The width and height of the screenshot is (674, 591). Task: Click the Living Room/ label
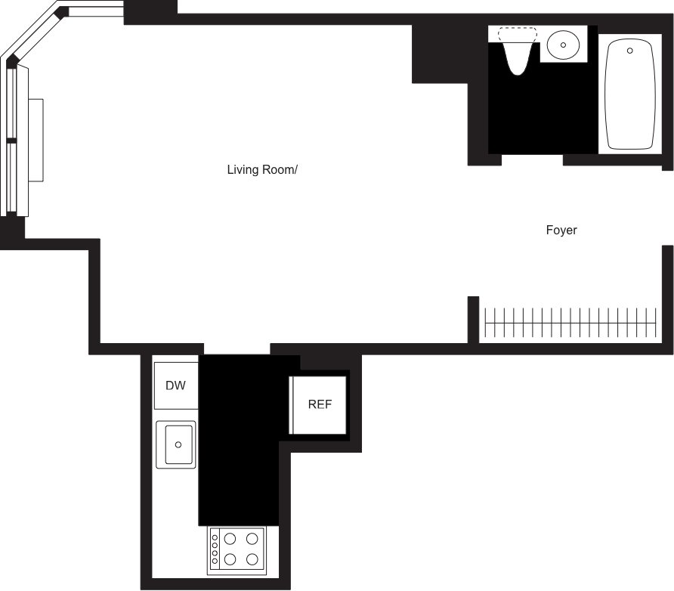263,170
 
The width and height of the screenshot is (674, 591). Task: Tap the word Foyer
561,231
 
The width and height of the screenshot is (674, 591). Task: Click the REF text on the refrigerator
320,404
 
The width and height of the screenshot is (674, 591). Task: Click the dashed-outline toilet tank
518,35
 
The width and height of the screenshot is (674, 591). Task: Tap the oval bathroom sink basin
562,45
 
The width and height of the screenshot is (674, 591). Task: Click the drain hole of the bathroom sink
563,45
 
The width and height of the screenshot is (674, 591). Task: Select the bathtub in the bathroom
629,93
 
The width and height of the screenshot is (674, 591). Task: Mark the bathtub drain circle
629,51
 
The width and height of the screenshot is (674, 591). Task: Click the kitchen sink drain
178,444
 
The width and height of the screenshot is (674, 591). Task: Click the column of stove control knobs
215,549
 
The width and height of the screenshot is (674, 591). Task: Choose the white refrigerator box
318,405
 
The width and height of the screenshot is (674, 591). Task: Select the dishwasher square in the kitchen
176,385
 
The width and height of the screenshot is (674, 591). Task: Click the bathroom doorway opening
533,160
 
